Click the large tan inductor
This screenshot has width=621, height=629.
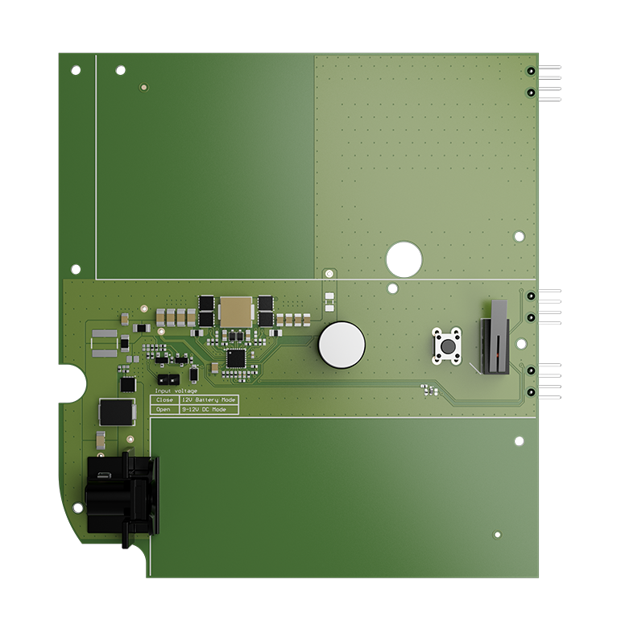pos(236,311)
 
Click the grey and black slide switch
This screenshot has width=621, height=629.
pos(495,337)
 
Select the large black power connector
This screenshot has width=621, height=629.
pos(122,496)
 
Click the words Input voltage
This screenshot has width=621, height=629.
pos(176,391)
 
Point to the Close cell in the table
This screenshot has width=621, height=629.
pos(165,399)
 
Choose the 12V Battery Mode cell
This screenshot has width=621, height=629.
pos(209,399)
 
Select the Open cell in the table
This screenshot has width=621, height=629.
pos(165,409)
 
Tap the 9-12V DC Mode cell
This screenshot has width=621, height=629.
pos(209,409)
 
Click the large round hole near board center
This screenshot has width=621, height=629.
pos(404,259)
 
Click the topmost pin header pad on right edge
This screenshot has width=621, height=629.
pos(532,71)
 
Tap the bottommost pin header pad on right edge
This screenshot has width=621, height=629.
pos(532,392)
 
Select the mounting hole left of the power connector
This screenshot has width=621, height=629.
pos(77,507)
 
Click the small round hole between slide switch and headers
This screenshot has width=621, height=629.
pos(521,344)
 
